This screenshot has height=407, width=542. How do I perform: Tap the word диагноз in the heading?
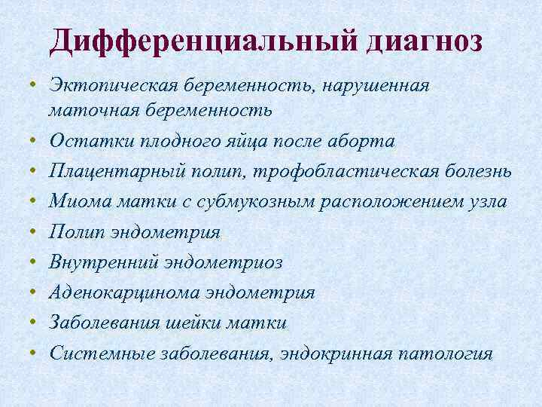pyautogui.click(x=425, y=41)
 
